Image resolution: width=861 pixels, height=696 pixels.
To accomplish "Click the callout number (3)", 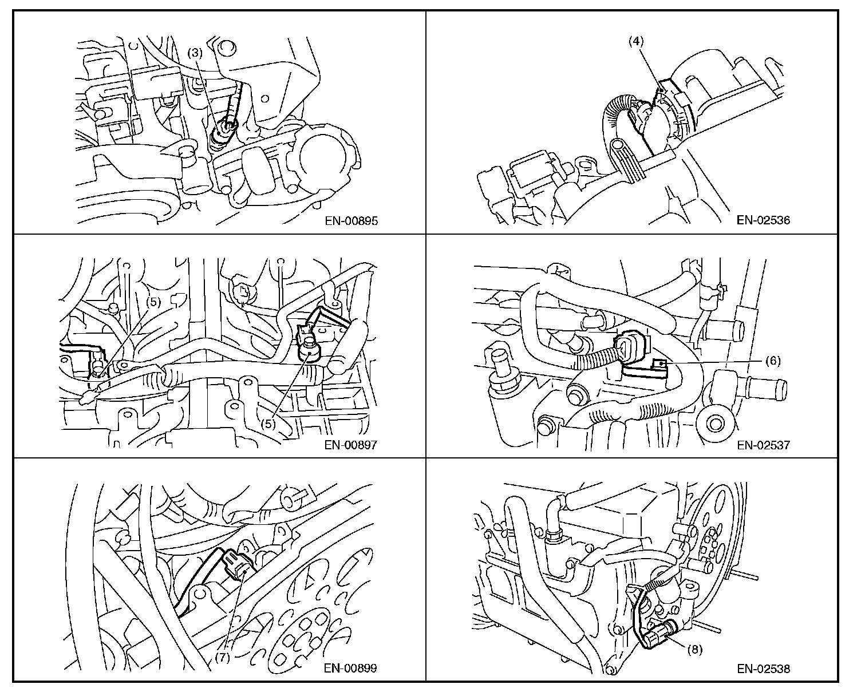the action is [x=195, y=53].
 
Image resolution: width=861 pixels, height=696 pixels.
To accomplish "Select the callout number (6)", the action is [x=773, y=361].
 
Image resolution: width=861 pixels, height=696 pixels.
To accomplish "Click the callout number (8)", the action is [x=695, y=650].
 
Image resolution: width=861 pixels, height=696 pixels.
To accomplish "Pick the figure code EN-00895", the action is [x=351, y=221].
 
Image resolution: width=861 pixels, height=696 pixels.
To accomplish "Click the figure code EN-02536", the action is [x=763, y=220].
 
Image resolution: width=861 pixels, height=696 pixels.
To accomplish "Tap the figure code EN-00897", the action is [x=350, y=445].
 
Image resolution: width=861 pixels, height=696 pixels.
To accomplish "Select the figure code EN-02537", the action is [x=763, y=445].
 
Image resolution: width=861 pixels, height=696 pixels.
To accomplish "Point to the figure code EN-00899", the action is [x=350, y=668].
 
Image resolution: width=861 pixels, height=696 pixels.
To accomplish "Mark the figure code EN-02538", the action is [x=763, y=669].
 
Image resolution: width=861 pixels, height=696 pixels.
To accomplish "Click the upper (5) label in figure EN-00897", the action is [x=153, y=302].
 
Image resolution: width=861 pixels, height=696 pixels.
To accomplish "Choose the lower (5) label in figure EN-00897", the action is [x=268, y=424].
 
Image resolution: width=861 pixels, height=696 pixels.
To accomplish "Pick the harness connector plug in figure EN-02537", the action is [x=632, y=347].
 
